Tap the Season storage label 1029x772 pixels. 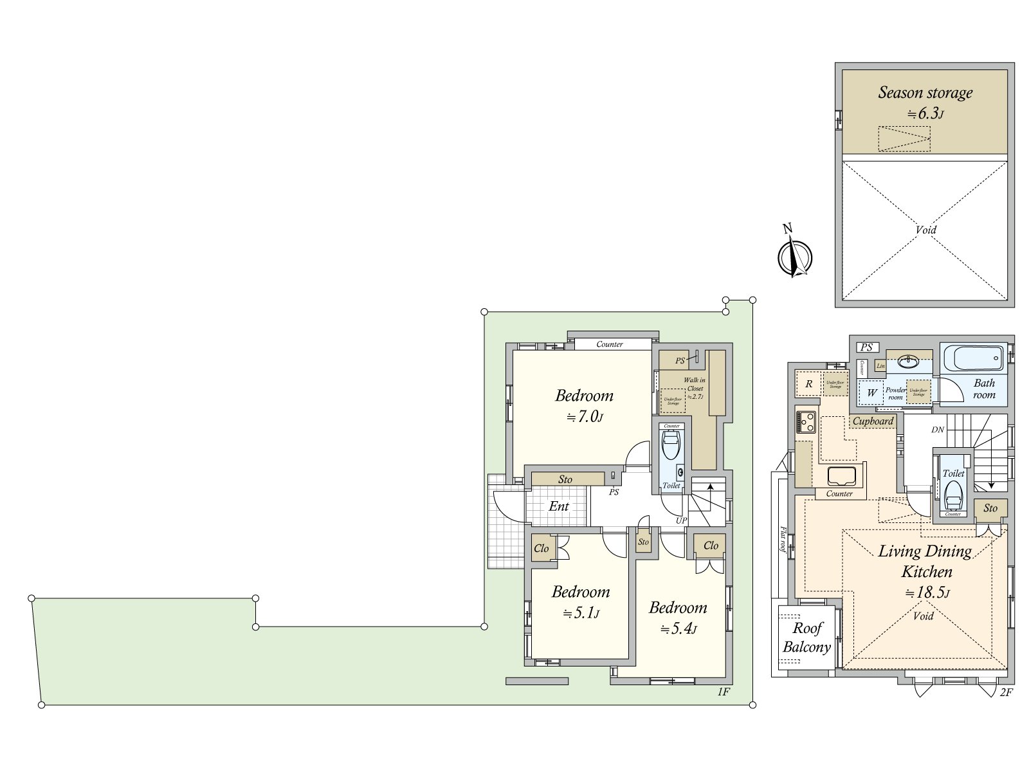(x=925, y=93)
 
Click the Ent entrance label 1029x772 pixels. (x=558, y=506)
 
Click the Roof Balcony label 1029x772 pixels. (x=806, y=638)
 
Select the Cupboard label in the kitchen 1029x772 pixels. (x=873, y=421)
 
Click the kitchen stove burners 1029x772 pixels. (x=806, y=423)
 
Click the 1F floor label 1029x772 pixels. (x=723, y=692)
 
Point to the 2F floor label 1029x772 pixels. (x=1006, y=692)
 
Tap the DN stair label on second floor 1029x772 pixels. (x=937, y=430)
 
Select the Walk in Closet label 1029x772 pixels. (x=695, y=388)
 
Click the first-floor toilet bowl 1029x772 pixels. (x=671, y=443)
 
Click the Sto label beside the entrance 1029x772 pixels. (x=565, y=479)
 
